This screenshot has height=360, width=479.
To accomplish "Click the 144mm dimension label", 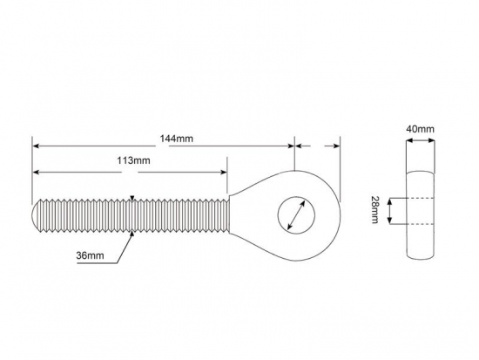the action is [177, 139].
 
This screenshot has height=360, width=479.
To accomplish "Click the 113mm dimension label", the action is [133, 160].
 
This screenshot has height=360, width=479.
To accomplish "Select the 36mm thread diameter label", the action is [90, 255].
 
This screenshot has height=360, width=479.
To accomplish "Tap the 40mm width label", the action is [420, 129].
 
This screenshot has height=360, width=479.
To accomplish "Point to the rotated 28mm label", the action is [374, 209].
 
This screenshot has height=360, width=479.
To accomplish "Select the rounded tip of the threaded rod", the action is [36, 215].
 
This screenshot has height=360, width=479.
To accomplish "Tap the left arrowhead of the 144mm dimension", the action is [36, 146].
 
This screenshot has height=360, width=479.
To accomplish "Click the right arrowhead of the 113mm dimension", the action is [224, 173].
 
